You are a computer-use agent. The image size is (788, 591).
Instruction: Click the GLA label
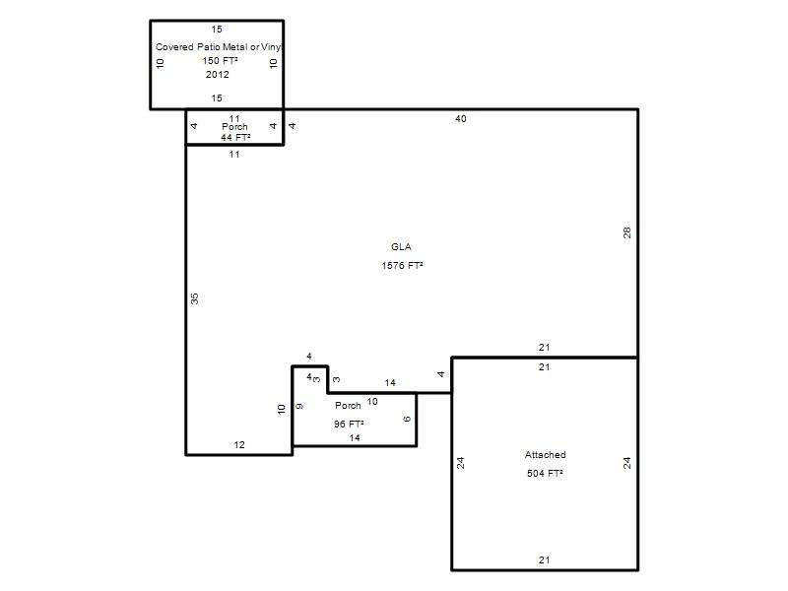401,247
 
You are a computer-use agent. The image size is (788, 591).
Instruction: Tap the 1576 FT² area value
402,265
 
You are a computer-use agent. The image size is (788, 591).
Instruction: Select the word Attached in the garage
546,455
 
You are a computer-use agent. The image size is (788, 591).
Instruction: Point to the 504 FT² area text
545,474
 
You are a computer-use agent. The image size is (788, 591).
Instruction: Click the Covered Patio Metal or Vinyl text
219,46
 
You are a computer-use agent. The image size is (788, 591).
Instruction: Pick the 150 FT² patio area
220,61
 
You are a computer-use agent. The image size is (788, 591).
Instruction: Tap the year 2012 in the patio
217,75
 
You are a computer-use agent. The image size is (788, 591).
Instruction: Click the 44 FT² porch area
235,137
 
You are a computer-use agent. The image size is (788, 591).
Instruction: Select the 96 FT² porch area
349,425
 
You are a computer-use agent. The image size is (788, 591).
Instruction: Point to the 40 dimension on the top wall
461,119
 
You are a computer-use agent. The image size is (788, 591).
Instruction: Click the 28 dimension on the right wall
626,232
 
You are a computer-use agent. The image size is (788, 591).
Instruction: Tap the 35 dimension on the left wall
194,298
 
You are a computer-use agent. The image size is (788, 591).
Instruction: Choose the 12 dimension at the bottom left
239,445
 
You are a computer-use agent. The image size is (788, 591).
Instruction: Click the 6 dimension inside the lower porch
407,419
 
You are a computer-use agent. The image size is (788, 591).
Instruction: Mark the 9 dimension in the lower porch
299,406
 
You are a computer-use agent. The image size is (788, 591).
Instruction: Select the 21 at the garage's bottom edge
545,559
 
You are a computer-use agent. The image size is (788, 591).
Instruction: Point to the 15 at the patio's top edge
217,30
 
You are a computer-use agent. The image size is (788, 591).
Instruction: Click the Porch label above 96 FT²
348,405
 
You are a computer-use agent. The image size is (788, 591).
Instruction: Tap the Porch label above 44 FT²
234,127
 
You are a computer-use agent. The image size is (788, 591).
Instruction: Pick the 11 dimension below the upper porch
234,155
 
